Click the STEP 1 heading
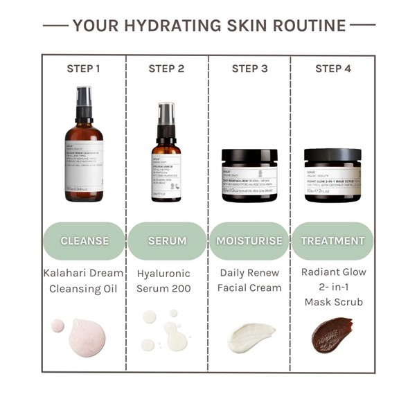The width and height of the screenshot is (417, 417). (84, 69)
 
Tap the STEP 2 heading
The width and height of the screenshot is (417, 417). (166, 69)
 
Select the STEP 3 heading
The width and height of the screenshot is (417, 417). (249, 69)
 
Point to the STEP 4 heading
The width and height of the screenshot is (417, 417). (332, 69)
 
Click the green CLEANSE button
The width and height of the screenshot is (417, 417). (85, 241)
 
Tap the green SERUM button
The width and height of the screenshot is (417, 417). (167, 241)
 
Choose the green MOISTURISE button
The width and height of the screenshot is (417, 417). (249, 241)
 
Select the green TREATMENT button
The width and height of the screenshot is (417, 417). (332, 241)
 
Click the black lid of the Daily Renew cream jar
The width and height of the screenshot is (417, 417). (249, 156)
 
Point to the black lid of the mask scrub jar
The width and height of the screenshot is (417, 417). (332, 156)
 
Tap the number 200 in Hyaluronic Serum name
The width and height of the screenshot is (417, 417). (184, 287)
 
